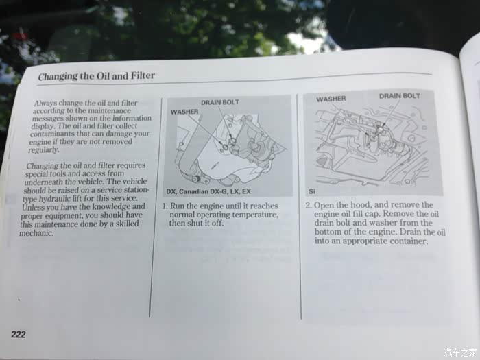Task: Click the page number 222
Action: pos(19,334)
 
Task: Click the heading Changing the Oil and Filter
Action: pos(97,76)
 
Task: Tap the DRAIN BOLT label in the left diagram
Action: pos(220,102)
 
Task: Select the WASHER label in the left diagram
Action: pos(184,112)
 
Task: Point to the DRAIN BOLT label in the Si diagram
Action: pos(400,96)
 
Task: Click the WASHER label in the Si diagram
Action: pos(331,99)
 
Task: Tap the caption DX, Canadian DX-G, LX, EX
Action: pos(208,191)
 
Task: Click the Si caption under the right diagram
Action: pos(311,191)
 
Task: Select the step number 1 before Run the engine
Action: pos(165,206)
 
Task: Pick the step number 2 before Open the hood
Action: pos(308,205)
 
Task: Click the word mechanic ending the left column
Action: pos(36,233)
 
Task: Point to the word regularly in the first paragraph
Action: pos(44,150)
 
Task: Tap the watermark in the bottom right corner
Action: pos(460,352)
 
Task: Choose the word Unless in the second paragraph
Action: pos(32,207)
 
